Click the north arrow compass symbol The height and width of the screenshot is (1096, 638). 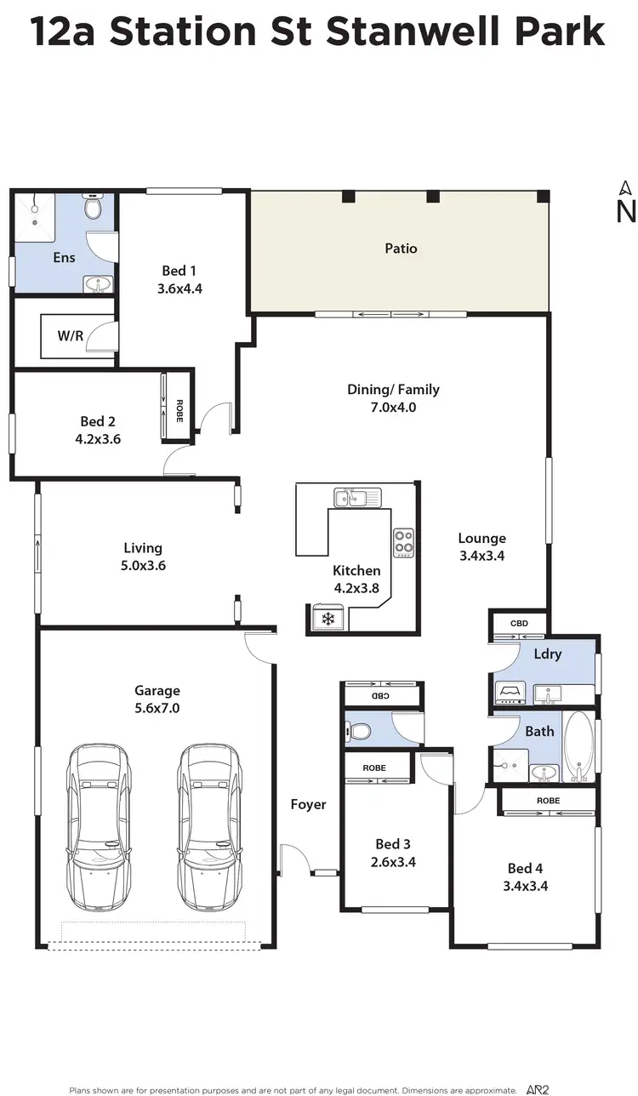coord(625,203)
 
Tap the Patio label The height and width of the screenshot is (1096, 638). coord(401,248)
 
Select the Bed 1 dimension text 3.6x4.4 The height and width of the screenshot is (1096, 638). coord(179,288)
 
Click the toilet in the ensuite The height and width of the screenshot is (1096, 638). coord(94,206)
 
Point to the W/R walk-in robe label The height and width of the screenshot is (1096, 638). coord(71,335)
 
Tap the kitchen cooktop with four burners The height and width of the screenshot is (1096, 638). coord(403,540)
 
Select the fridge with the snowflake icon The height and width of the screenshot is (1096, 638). coord(327,619)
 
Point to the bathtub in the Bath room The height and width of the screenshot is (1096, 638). coord(579,747)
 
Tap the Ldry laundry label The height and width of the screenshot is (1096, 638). coord(547,654)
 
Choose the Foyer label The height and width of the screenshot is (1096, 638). coord(308,804)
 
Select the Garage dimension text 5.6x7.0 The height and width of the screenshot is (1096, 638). coord(157,708)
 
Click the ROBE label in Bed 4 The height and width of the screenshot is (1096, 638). coord(548,801)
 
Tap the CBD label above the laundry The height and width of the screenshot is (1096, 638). coord(519,624)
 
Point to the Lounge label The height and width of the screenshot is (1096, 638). coord(481,538)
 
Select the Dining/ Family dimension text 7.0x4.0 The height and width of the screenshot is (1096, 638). coord(393,408)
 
